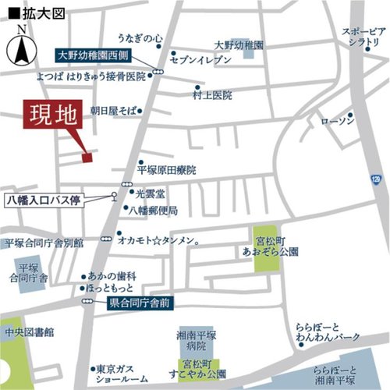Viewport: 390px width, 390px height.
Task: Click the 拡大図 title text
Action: tap(29, 11)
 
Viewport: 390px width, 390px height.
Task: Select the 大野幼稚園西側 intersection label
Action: tap(97, 56)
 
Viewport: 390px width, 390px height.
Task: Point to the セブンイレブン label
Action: tap(201, 60)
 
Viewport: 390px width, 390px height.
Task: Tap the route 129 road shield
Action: tap(377, 179)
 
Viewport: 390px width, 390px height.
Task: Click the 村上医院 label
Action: tap(213, 96)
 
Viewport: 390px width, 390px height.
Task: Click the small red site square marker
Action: tap(87, 158)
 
